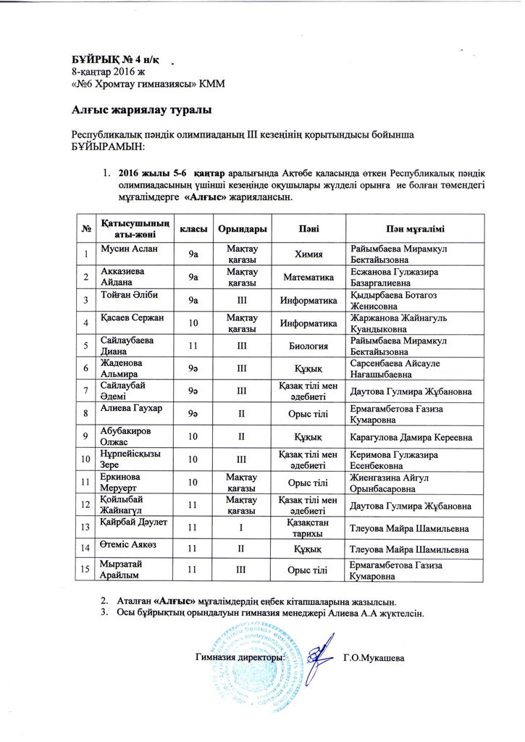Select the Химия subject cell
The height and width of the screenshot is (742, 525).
[x=303, y=254]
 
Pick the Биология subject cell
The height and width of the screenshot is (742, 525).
[x=303, y=346]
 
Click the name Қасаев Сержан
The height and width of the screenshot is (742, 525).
[x=132, y=318]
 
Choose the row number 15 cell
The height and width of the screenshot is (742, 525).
[x=85, y=570]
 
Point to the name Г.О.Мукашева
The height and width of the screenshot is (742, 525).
[x=374, y=658]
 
